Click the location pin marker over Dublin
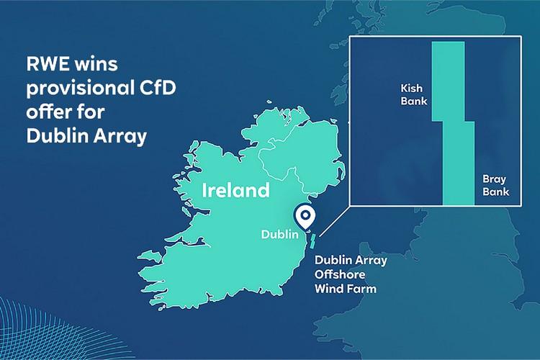coord(305,216)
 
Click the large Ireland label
coord(235,191)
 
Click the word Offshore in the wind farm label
coord(340,274)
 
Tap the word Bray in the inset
coord(495,179)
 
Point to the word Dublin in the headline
coord(50,136)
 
